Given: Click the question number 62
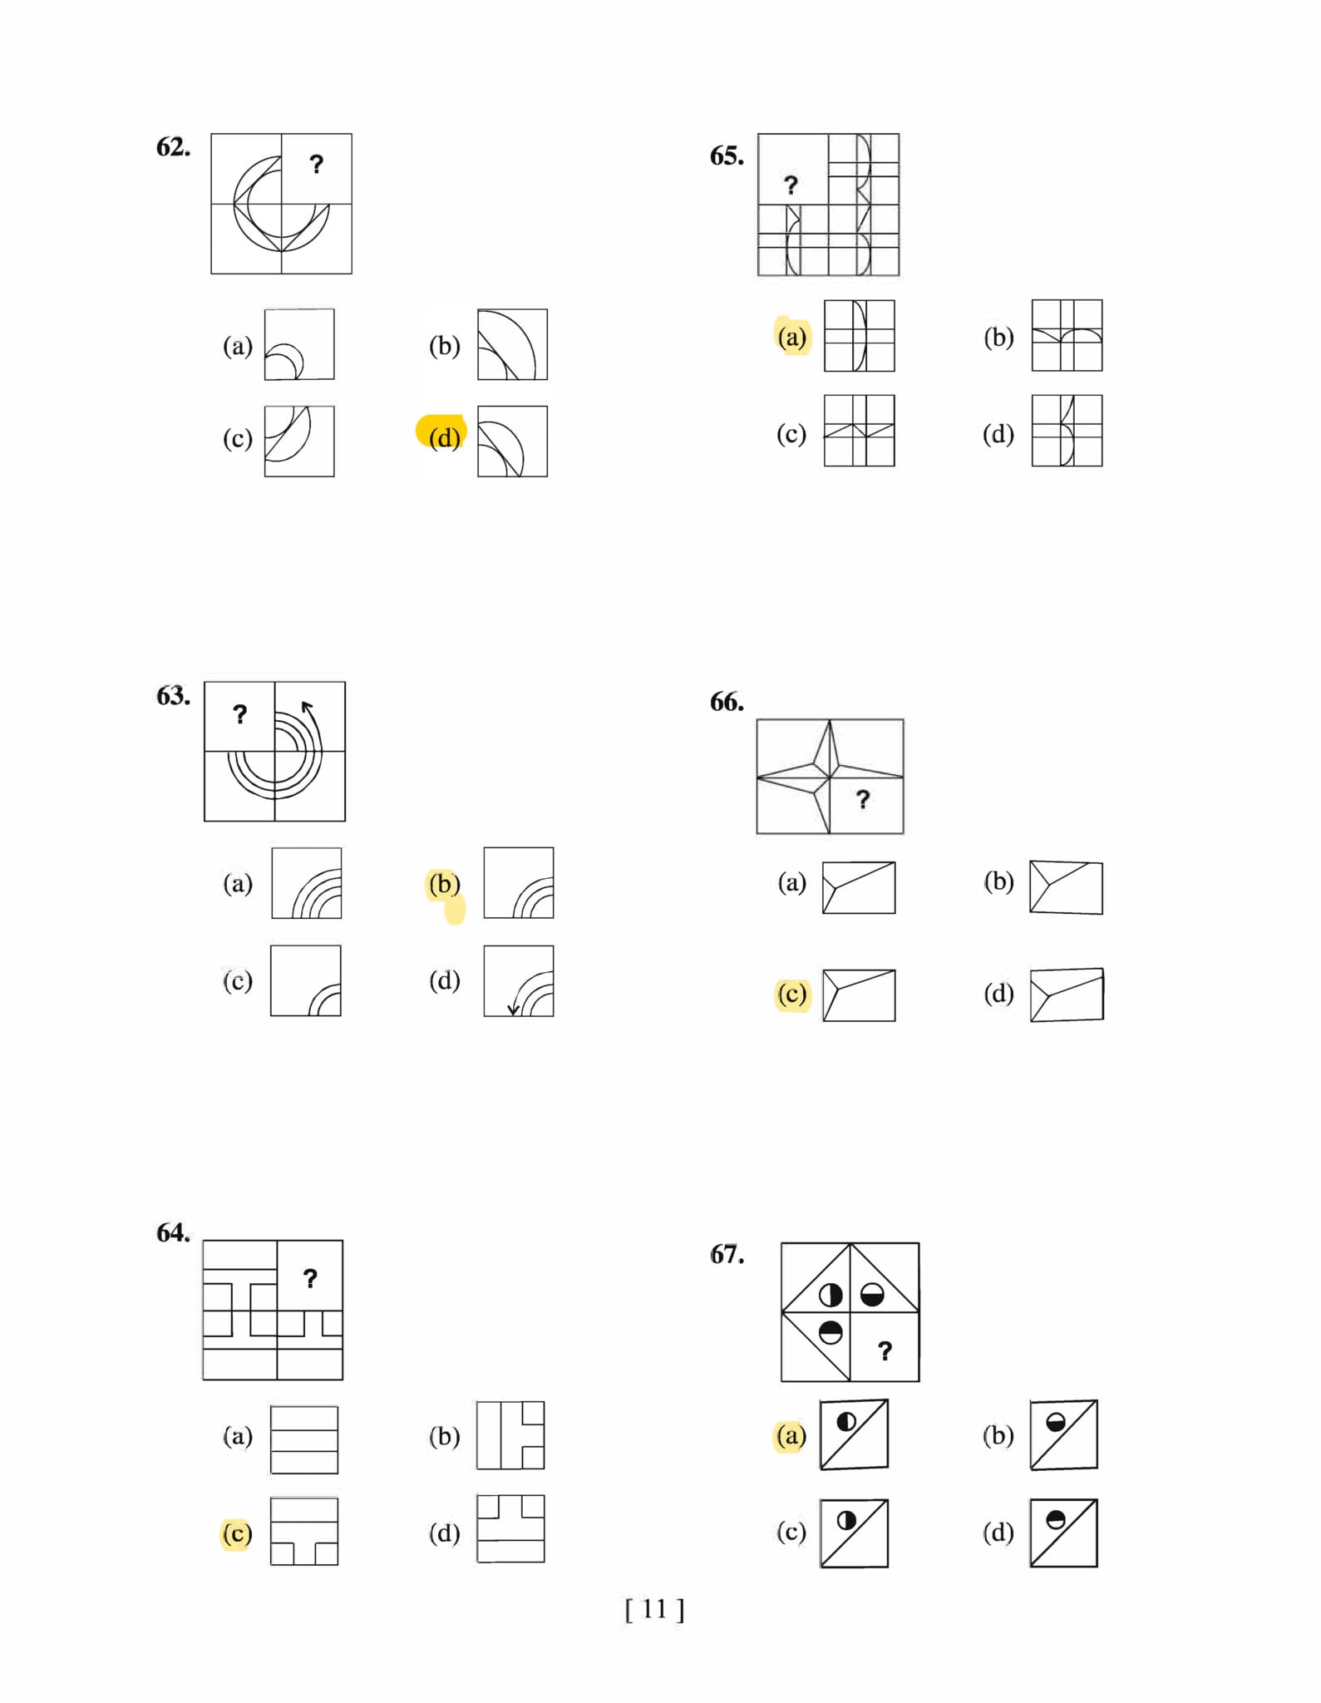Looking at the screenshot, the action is point(173,147).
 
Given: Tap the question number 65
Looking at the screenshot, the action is point(727,155).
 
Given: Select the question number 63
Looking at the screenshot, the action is point(173,695).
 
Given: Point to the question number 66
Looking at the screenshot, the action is point(727,702).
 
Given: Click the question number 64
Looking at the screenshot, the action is point(173,1232).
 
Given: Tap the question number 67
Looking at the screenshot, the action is point(727,1254).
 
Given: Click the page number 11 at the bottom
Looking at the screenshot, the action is point(654,1610).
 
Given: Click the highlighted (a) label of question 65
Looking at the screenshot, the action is point(792,337).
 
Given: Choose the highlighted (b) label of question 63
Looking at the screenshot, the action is point(445,883).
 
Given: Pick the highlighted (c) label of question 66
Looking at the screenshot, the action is point(792,994).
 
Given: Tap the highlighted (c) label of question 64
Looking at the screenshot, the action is point(237,1533).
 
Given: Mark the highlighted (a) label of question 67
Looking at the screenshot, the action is point(791,1435).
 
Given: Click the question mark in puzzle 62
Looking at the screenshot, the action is point(316,164).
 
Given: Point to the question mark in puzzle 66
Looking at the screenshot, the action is point(863,799).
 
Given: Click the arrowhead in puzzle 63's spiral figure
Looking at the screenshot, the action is point(307,708).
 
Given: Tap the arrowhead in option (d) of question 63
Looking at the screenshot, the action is point(513,1009).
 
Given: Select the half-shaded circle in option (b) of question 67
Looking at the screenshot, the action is point(1056,1422).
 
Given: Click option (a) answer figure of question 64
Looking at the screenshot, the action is point(304,1439).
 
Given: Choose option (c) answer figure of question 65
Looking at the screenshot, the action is point(860,431).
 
